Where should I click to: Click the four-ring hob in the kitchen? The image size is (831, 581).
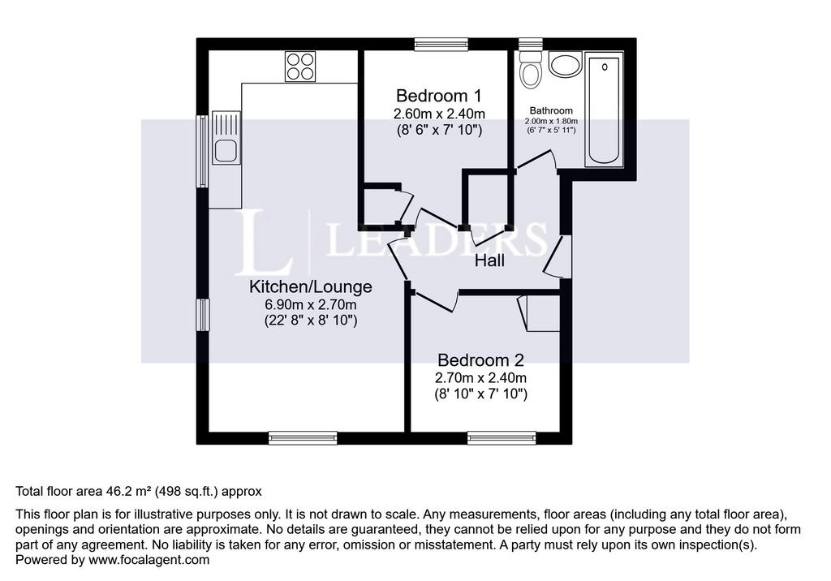(300, 67)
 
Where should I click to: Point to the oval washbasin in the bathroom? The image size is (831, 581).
(566, 65)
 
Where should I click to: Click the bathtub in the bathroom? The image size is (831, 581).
(604, 109)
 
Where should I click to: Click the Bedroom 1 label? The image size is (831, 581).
(439, 96)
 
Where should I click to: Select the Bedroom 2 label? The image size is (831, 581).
(480, 360)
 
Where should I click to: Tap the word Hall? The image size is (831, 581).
(489, 260)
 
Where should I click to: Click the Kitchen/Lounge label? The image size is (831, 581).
(311, 286)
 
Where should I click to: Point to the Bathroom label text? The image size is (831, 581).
(551, 111)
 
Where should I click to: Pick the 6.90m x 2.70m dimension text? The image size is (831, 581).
(311, 305)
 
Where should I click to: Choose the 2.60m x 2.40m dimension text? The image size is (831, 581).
(439, 114)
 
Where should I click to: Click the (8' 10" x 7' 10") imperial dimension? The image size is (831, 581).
(481, 394)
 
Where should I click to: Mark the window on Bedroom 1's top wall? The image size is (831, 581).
(441, 45)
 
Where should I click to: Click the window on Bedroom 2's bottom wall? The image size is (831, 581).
(502, 438)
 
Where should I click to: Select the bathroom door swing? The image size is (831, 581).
(536, 160)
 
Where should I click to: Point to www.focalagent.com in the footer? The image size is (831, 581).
(149, 560)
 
